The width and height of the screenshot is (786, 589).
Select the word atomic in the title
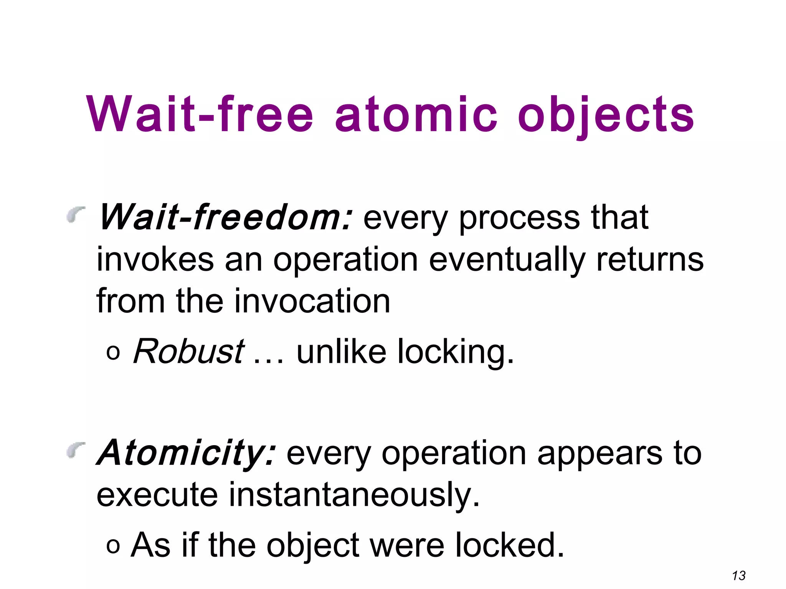click(x=416, y=114)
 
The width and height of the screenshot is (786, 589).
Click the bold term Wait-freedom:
click(x=225, y=217)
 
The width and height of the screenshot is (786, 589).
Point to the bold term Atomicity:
click(x=187, y=453)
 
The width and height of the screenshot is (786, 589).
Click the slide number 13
click(x=739, y=576)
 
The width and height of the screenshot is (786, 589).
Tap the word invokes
click(x=155, y=260)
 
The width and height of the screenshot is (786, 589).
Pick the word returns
click(x=650, y=260)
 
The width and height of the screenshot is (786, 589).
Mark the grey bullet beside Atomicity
click(x=76, y=449)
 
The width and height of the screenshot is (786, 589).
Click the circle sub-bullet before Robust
click(x=113, y=353)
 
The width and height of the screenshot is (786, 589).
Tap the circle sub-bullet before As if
click(x=113, y=546)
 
